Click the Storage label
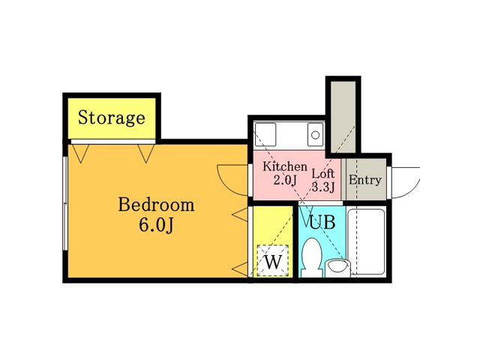point(112,118)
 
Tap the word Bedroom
point(156,205)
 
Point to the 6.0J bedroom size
point(156,225)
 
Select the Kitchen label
point(285,166)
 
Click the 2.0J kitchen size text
point(285,180)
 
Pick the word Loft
point(323,173)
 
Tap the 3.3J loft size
point(323,187)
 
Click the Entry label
point(365,180)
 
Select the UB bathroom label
point(322,222)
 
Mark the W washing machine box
point(273,261)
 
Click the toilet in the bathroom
point(312,258)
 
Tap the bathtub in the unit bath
point(367,241)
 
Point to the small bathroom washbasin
point(337,268)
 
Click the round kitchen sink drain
point(315,135)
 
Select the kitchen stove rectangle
point(265,134)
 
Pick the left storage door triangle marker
point(81,153)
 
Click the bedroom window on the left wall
point(65,203)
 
